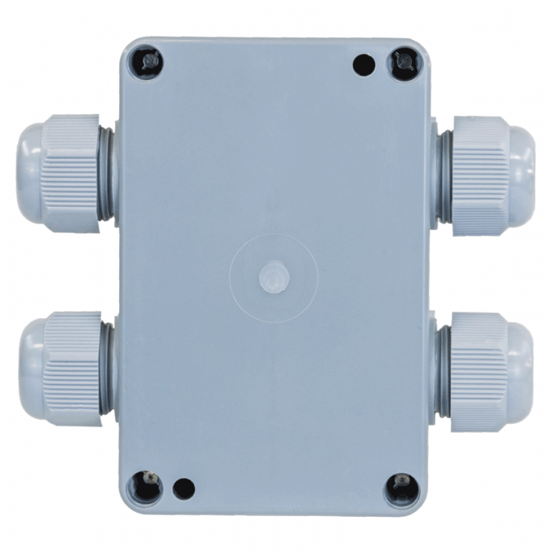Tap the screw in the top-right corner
click(x=404, y=61)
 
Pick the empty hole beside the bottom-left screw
click(x=183, y=488)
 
